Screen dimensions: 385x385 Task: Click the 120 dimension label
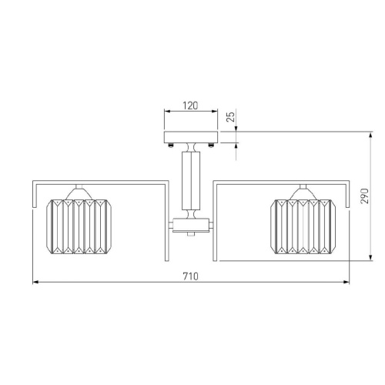pos(190,105)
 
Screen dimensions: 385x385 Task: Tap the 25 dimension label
pos(231,116)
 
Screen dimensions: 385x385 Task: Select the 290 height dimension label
pos(364,196)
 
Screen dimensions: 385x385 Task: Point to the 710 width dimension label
pos(190,276)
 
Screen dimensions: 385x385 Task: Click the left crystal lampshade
pos(79,226)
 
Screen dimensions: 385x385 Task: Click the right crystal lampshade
pos(303,226)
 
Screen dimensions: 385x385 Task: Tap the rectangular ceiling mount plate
pos(191,137)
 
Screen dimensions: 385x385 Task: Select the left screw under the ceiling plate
pos(171,146)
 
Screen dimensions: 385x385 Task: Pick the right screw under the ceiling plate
pos(211,146)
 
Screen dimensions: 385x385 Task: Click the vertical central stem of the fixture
pos(191,180)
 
